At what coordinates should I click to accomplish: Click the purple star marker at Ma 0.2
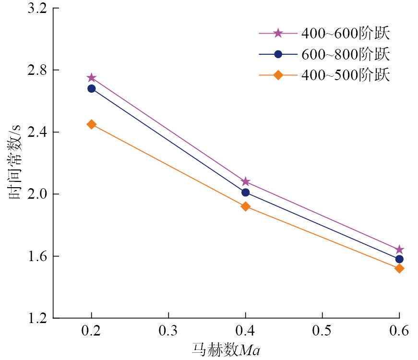[x=92, y=78]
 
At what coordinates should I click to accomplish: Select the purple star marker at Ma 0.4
[x=246, y=181]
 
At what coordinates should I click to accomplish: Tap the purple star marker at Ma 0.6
[x=399, y=250]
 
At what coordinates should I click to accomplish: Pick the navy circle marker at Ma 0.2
[x=92, y=88]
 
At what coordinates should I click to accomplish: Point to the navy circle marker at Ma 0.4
[x=246, y=192]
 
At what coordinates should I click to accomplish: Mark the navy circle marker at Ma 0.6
[x=399, y=259]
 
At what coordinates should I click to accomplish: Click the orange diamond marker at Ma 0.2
[x=92, y=124]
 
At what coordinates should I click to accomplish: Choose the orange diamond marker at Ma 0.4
[x=246, y=206]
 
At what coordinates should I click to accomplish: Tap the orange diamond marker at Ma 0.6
[x=399, y=268]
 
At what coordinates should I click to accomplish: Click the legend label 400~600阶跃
[x=345, y=34]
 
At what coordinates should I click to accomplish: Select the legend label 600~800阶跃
[x=345, y=54]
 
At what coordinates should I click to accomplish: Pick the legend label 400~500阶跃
[x=345, y=75]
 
